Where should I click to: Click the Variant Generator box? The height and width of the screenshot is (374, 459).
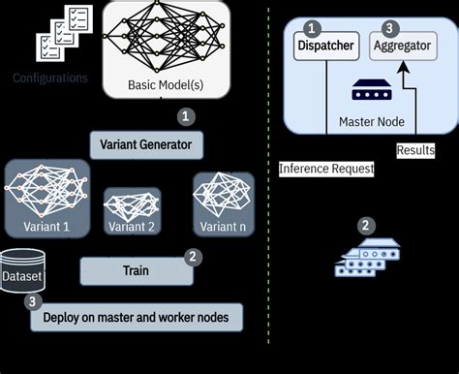(146, 145)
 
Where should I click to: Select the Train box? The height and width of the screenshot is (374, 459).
(136, 271)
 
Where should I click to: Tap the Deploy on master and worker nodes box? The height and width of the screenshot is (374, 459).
(136, 316)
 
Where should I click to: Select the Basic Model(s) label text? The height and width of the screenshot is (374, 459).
(167, 85)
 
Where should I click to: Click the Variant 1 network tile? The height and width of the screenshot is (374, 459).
(46, 199)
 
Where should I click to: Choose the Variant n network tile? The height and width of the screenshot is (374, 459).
(222, 203)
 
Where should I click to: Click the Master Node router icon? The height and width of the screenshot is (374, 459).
(362, 92)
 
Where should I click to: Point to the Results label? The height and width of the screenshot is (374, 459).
(415, 150)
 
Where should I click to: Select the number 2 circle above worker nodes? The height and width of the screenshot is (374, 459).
(365, 226)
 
